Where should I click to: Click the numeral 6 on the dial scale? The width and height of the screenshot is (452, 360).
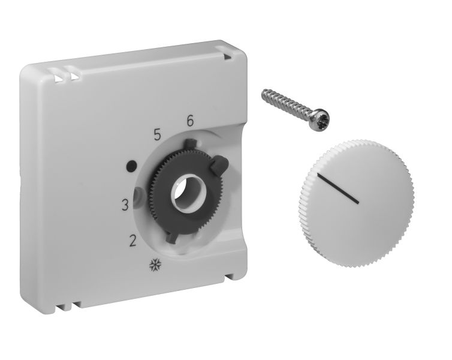point(189,121)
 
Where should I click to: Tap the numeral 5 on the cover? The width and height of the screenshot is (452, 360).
point(158,135)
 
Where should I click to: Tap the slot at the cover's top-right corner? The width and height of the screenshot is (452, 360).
point(228,55)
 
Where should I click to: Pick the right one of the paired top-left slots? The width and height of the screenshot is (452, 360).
point(74,76)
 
